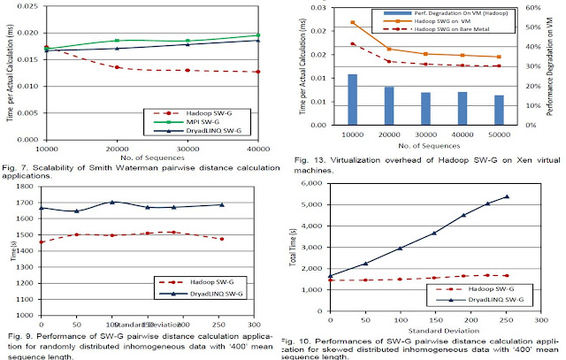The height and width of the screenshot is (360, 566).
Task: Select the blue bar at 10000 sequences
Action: pyautogui.click(x=352, y=100)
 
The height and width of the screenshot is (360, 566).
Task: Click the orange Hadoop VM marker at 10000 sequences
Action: pyautogui.click(x=352, y=22)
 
